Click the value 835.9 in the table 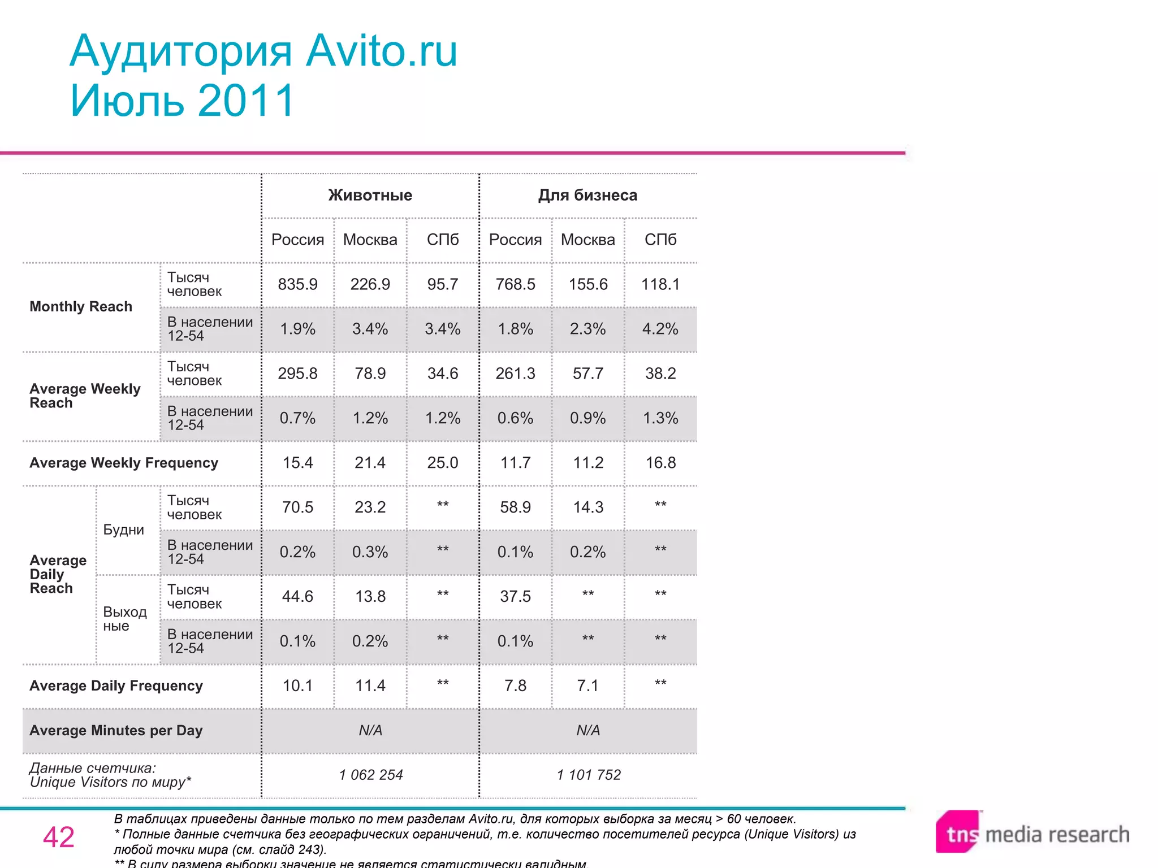[x=297, y=284]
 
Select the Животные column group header [x=370, y=195]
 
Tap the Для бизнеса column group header [x=587, y=195]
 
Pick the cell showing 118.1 [x=660, y=284]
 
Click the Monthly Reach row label [x=81, y=307]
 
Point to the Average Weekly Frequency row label [x=124, y=463]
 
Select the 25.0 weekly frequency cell [x=443, y=463]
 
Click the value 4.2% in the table [x=660, y=329]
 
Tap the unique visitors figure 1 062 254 [x=371, y=775]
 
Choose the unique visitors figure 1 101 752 [x=589, y=775]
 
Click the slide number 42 [x=59, y=837]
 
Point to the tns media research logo [x=1032, y=834]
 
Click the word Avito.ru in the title [x=382, y=51]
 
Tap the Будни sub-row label [x=124, y=530]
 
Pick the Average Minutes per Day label [x=116, y=731]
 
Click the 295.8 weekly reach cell [x=297, y=374]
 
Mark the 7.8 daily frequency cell [x=515, y=686]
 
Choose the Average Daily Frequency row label [x=116, y=686]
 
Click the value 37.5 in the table [x=515, y=597]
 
